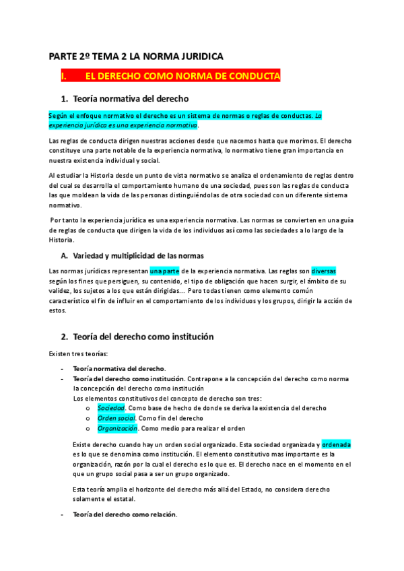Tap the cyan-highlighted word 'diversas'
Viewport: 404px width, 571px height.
pos(327,271)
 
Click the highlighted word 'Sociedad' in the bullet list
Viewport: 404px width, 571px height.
pos(111,408)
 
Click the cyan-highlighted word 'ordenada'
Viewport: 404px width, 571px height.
pos(337,445)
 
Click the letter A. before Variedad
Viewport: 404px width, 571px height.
pos(65,256)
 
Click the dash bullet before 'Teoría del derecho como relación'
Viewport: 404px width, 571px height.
pos(62,515)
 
